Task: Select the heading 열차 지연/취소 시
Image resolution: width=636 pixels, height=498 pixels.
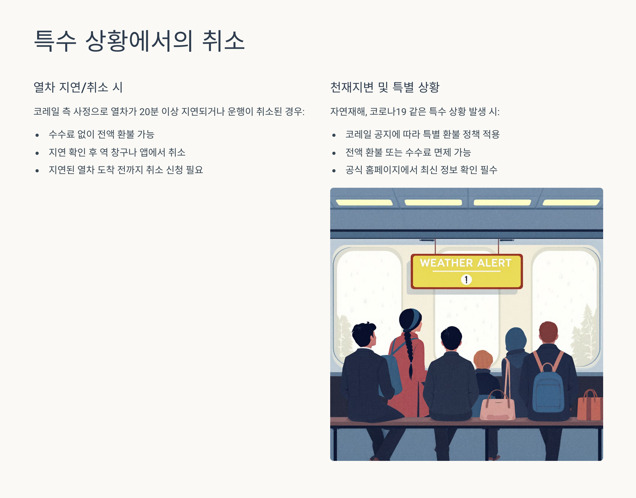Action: (78, 87)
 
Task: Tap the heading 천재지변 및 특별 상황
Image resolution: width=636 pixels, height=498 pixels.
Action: (385, 87)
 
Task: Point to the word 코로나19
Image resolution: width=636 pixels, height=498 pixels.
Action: (388, 111)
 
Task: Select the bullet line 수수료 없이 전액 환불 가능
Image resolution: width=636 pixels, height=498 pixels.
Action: (101, 134)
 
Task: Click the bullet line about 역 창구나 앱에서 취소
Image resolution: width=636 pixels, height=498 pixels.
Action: (117, 152)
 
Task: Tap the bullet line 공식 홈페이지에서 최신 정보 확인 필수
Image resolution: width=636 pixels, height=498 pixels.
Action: (421, 170)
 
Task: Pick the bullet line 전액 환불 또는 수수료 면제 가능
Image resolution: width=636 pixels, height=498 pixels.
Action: (408, 152)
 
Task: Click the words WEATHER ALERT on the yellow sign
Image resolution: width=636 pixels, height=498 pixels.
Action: (466, 263)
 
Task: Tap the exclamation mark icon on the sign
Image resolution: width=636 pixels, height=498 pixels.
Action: (466, 279)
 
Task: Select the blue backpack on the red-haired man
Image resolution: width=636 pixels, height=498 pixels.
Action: (548, 389)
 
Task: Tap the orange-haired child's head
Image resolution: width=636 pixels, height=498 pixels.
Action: (483, 359)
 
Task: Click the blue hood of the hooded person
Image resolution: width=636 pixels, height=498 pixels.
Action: (516, 340)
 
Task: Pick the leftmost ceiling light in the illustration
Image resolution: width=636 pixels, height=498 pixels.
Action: (364, 202)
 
